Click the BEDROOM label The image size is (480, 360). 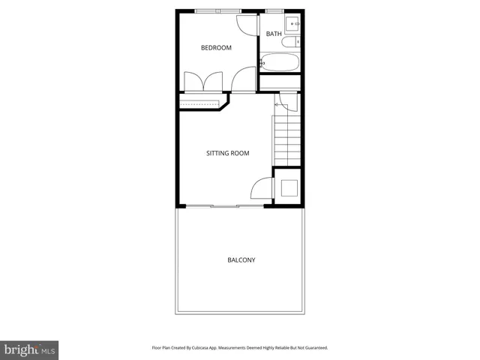click(216, 48)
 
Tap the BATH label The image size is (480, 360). click(274, 34)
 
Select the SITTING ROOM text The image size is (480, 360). click(227, 153)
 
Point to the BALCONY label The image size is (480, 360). click(241, 260)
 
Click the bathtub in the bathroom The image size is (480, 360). click(280, 62)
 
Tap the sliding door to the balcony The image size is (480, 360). click(224, 205)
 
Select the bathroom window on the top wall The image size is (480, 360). click(274, 10)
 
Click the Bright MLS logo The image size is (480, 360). click(29, 349)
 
